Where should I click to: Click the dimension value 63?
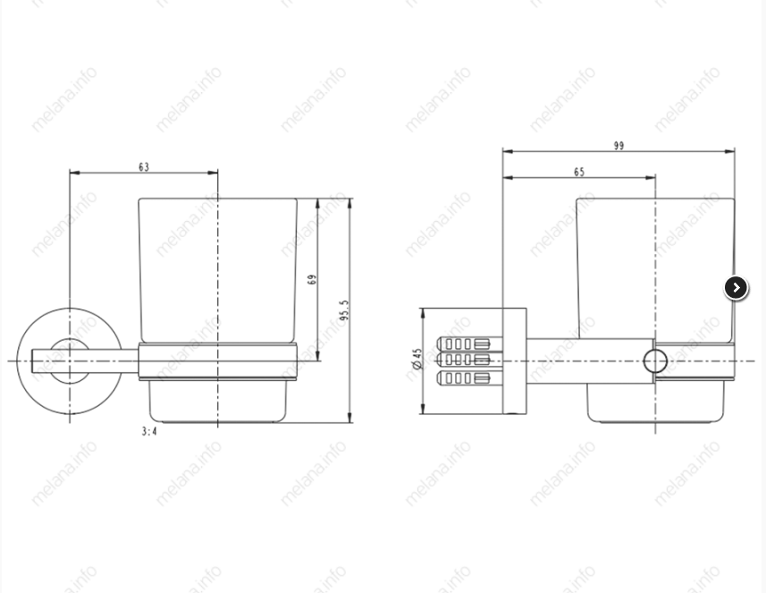[144, 167]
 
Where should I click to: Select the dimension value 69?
[312, 279]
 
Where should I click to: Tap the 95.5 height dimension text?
[344, 310]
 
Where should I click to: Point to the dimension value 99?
[619, 146]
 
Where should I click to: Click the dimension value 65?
[579, 172]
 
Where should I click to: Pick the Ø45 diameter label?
[417, 359]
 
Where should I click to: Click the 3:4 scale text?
[149, 431]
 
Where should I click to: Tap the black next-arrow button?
[736, 287]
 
